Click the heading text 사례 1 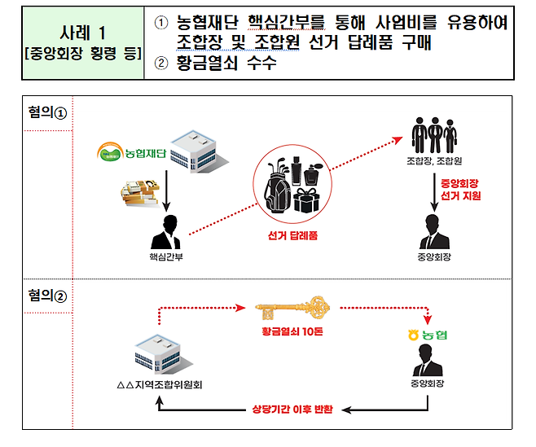click(81, 33)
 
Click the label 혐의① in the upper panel click(46, 113)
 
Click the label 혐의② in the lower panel click(46, 294)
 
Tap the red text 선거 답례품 click(292, 235)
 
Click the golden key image click(292, 309)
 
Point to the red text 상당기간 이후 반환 click(291, 409)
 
